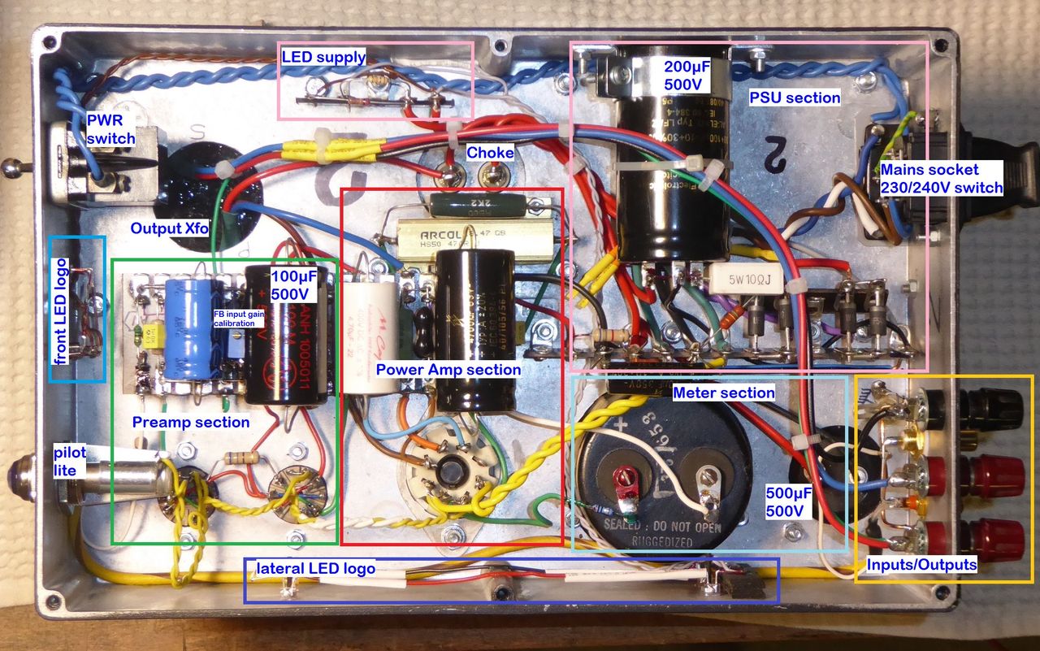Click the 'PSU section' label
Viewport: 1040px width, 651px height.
[x=795, y=98]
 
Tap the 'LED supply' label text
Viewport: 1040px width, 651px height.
[x=323, y=57]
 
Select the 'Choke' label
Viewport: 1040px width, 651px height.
[x=490, y=153]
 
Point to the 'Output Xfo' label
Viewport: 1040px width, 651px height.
[x=169, y=228]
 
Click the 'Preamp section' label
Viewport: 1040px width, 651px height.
[x=191, y=422]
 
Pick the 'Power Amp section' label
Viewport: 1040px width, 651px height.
[x=448, y=370]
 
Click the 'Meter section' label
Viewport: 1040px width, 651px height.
[x=724, y=393]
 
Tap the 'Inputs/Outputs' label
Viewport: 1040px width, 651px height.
[x=921, y=564]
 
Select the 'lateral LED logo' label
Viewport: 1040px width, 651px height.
[x=316, y=568]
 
